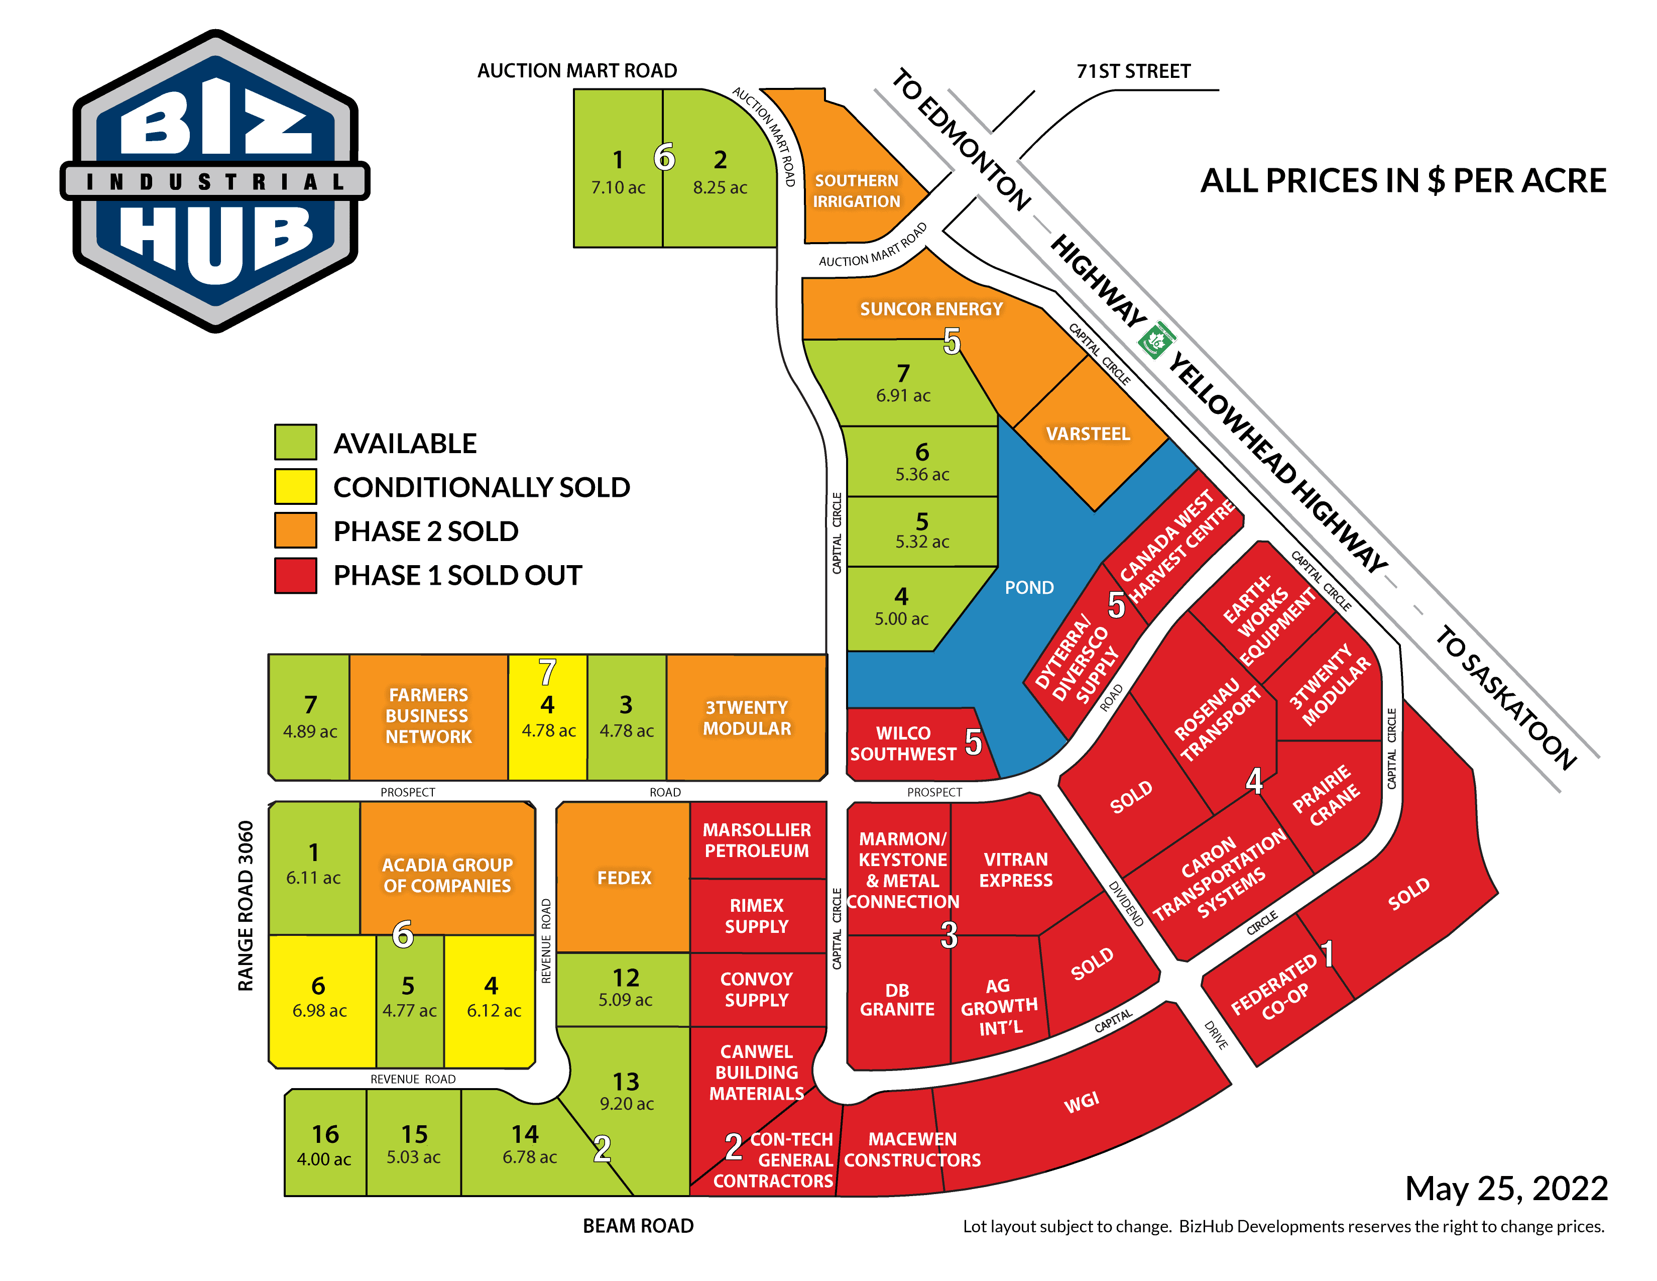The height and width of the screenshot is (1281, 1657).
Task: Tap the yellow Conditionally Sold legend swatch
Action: coord(295,486)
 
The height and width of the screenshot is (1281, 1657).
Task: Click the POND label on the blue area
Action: coord(1029,587)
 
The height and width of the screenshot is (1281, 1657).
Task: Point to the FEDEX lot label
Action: coord(624,878)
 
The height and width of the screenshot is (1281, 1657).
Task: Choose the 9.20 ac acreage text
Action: coord(627,1104)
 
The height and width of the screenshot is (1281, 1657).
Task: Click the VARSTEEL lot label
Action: coord(1087,434)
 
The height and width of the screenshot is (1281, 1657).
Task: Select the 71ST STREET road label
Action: coord(1133,71)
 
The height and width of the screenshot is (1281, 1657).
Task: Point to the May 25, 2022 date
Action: coord(1505,1189)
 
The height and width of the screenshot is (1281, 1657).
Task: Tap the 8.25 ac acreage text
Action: coord(719,187)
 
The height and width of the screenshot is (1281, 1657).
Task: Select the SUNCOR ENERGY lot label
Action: coord(931,309)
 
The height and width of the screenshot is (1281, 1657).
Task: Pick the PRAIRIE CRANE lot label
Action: coord(1326,795)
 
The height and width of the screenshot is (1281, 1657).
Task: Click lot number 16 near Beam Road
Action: coord(325,1134)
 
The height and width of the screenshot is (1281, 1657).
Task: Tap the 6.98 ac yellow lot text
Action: coord(319,1011)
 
